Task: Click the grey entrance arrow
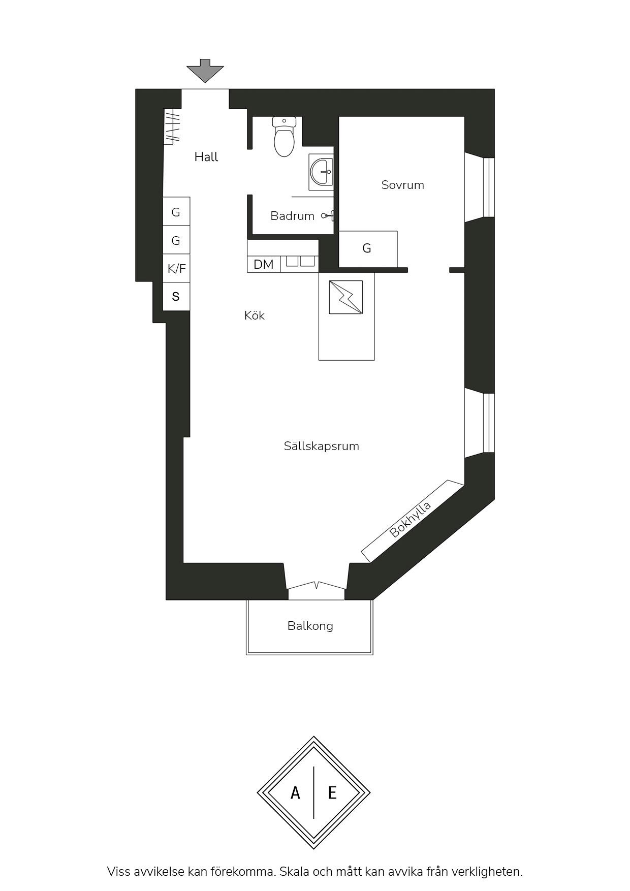pyautogui.click(x=205, y=71)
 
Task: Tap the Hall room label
pyautogui.click(x=206, y=157)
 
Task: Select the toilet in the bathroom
pyautogui.click(x=284, y=136)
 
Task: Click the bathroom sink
pyautogui.click(x=322, y=171)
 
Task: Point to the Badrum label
pyautogui.click(x=292, y=216)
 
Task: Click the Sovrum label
pyautogui.click(x=403, y=185)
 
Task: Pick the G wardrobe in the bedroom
pyautogui.click(x=368, y=249)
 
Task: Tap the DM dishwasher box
pyautogui.click(x=264, y=265)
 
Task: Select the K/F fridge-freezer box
pyautogui.click(x=176, y=268)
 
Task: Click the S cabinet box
pyautogui.click(x=176, y=296)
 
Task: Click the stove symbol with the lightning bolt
pyautogui.click(x=346, y=297)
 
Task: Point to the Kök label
pyautogui.click(x=255, y=315)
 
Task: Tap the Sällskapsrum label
pyautogui.click(x=322, y=446)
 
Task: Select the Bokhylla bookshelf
pyautogui.click(x=413, y=521)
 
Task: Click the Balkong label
pyautogui.click(x=310, y=626)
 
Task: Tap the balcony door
pyautogui.click(x=317, y=586)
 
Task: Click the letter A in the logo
pyautogui.click(x=295, y=792)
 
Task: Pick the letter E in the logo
pyautogui.click(x=332, y=792)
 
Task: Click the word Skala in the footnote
pyautogui.click(x=294, y=872)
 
